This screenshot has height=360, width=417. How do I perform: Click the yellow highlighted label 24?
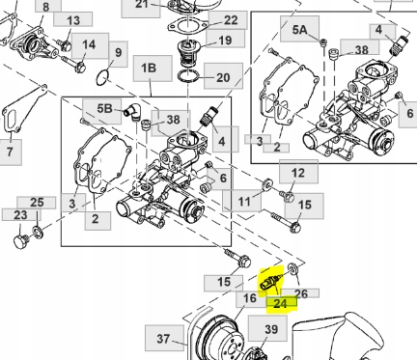click(x=280, y=302)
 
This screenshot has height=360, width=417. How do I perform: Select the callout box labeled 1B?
click(x=149, y=69)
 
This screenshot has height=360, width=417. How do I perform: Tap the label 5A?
click(x=298, y=31)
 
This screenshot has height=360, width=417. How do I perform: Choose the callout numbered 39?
click(x=270, y=330)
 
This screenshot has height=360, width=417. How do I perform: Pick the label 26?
click(x=300, y=293)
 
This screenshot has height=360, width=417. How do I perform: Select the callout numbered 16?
click(x=249, y=299)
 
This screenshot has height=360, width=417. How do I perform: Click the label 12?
click(x=298, y=173)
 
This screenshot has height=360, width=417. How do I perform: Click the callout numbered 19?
click(x=225, y=41)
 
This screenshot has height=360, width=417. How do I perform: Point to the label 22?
click(x=231, y=19)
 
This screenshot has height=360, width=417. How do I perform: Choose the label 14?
click(x=89, y=44)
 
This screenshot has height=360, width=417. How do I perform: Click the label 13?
click(x=73, y=20)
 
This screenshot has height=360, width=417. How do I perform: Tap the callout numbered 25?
click(x=37, y=202)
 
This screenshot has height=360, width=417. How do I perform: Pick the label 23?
click(x=20, y=215)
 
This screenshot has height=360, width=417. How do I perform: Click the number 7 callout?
click(x=11, y=152)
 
